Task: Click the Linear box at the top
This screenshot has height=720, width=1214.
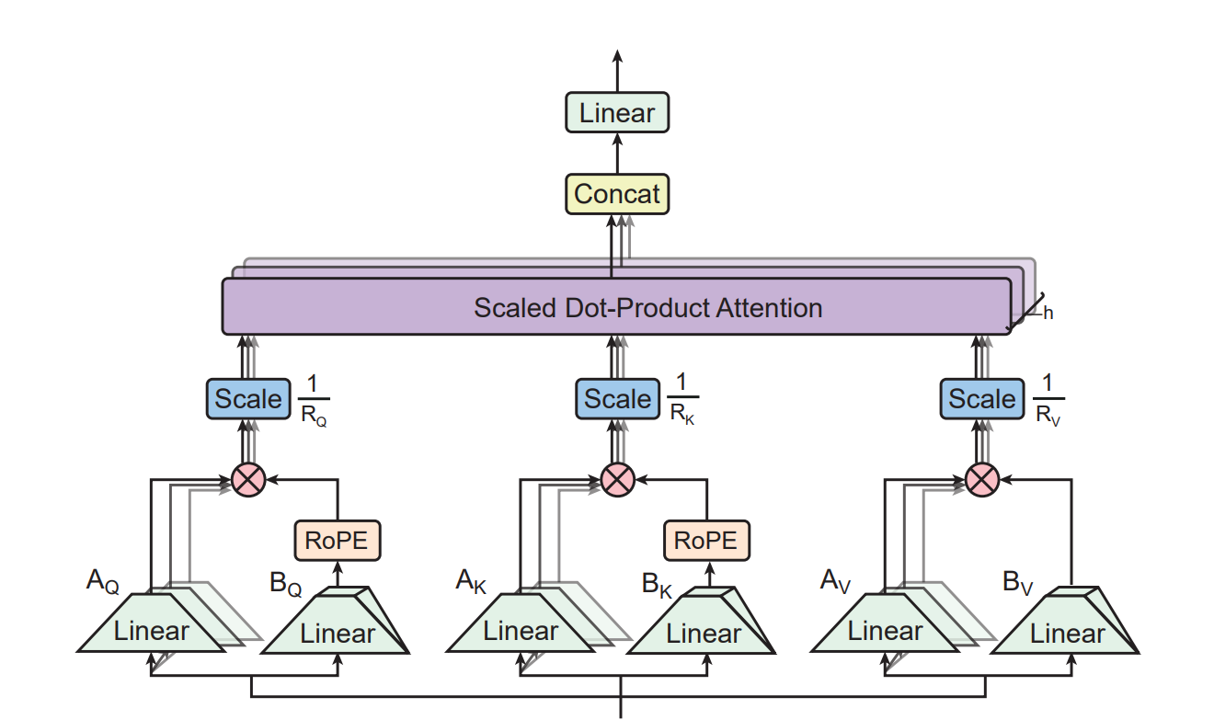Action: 616,113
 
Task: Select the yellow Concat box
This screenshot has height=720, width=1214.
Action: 616,194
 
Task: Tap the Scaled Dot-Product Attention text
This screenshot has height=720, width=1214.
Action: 647,307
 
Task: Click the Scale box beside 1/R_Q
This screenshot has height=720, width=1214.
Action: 247,399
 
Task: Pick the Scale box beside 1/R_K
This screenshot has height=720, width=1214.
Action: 617,399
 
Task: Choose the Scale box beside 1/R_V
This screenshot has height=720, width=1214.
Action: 981,399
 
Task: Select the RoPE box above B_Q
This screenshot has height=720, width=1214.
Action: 337,540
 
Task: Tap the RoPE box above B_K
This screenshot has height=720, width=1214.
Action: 706,540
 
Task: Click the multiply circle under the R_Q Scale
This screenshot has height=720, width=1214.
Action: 247,479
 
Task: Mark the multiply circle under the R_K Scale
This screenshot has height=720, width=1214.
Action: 617,479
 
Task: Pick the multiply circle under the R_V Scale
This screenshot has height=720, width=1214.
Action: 982,479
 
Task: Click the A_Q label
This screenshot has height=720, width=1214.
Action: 102,581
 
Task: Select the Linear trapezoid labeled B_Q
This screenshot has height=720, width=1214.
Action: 337,634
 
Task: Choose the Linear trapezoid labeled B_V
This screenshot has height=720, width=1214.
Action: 1067,634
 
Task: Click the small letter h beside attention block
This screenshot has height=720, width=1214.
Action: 1048,314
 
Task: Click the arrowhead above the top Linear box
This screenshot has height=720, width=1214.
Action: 616,55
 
